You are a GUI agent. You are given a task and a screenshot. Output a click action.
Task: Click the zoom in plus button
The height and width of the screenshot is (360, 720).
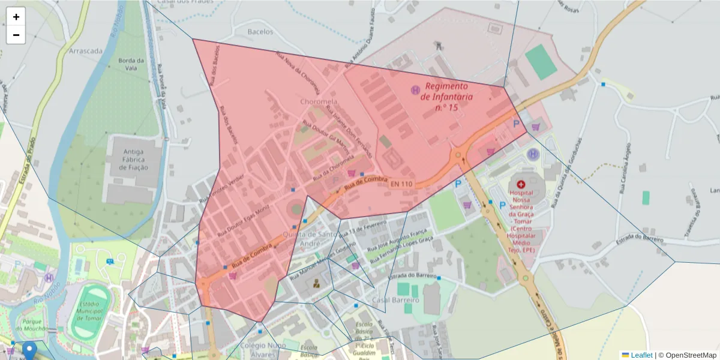(16, 17)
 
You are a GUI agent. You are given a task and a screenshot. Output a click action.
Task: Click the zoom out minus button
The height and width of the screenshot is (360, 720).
(16, 35)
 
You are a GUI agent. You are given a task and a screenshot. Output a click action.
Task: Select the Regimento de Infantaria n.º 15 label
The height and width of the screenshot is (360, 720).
(446, 97)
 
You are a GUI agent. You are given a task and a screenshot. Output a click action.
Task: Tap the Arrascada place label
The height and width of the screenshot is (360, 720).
(86, 51)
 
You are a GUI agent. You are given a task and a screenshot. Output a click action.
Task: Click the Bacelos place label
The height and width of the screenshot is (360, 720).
(260, 31)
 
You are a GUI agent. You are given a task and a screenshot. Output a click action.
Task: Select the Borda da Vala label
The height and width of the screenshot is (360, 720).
(131, 64)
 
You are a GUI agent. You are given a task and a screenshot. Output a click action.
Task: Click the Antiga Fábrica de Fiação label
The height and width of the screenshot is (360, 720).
(133, 160)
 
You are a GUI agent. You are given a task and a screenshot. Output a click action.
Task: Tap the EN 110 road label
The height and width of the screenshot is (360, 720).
(401, 184)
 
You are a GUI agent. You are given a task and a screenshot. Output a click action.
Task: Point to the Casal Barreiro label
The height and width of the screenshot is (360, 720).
(395, 299)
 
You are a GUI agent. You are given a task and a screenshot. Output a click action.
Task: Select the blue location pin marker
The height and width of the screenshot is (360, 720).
(29, 350)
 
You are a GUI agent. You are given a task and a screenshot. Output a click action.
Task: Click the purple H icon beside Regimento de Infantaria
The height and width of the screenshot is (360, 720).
(415, 90)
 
